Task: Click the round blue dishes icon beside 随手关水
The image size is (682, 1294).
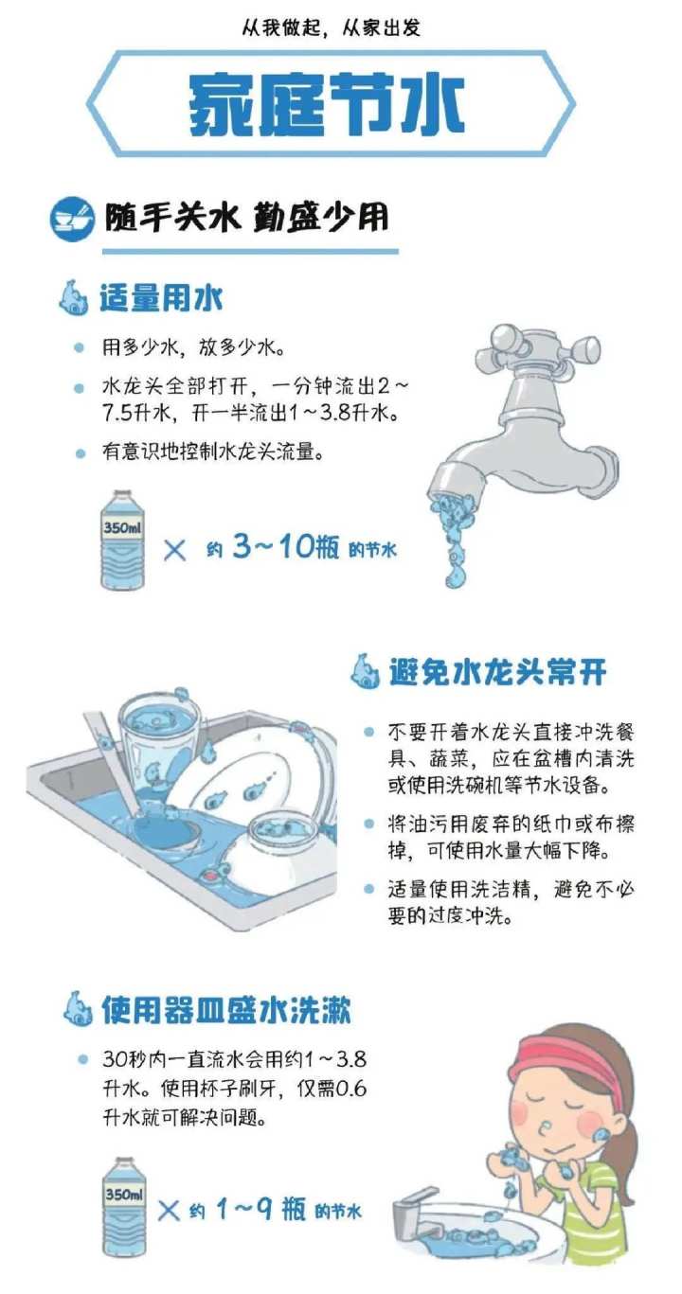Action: pyautogui.click(x=72, y=219)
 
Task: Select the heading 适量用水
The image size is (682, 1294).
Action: pyautogui.click(x=161, y=299)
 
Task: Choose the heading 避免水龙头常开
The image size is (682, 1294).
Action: pyautogui.click(x=496, y=672)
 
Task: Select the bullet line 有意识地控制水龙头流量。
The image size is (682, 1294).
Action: pyautogui.click(x=213, y=452)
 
